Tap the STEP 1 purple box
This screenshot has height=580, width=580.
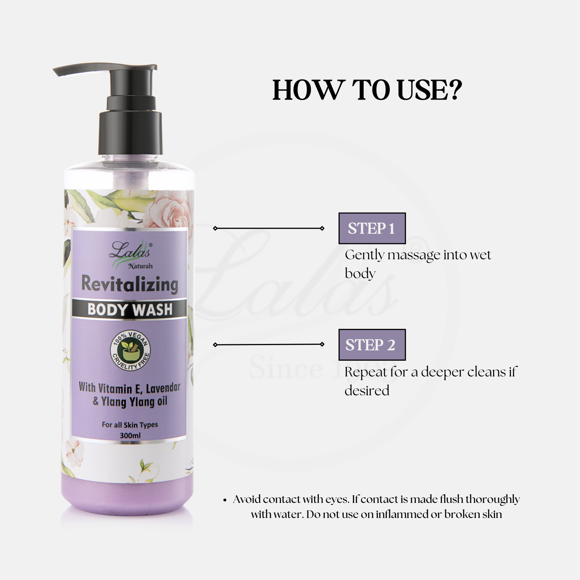(x=372, y=228)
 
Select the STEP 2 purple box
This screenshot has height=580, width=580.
(x=372, y=345)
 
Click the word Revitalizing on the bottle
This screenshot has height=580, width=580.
(x=130, y=285)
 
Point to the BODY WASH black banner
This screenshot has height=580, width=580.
(x=129, y=309)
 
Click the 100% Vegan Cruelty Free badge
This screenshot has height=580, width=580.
(x=130, y=351)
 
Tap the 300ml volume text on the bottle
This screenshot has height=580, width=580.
(x=130, y=435)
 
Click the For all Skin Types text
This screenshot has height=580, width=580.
(x=130, y=425)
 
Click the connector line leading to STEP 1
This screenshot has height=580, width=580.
(x=269, y=228)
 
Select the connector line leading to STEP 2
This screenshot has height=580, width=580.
(x=269, y=344)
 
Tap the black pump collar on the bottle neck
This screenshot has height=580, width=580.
(x=130, y=132)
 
